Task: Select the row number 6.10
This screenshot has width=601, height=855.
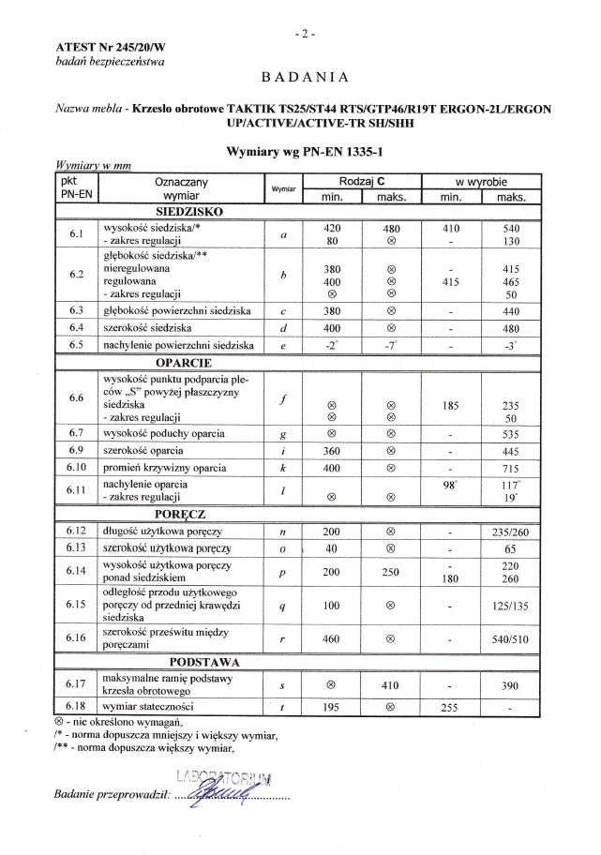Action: pyautogui.click(x=77, y=467)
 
